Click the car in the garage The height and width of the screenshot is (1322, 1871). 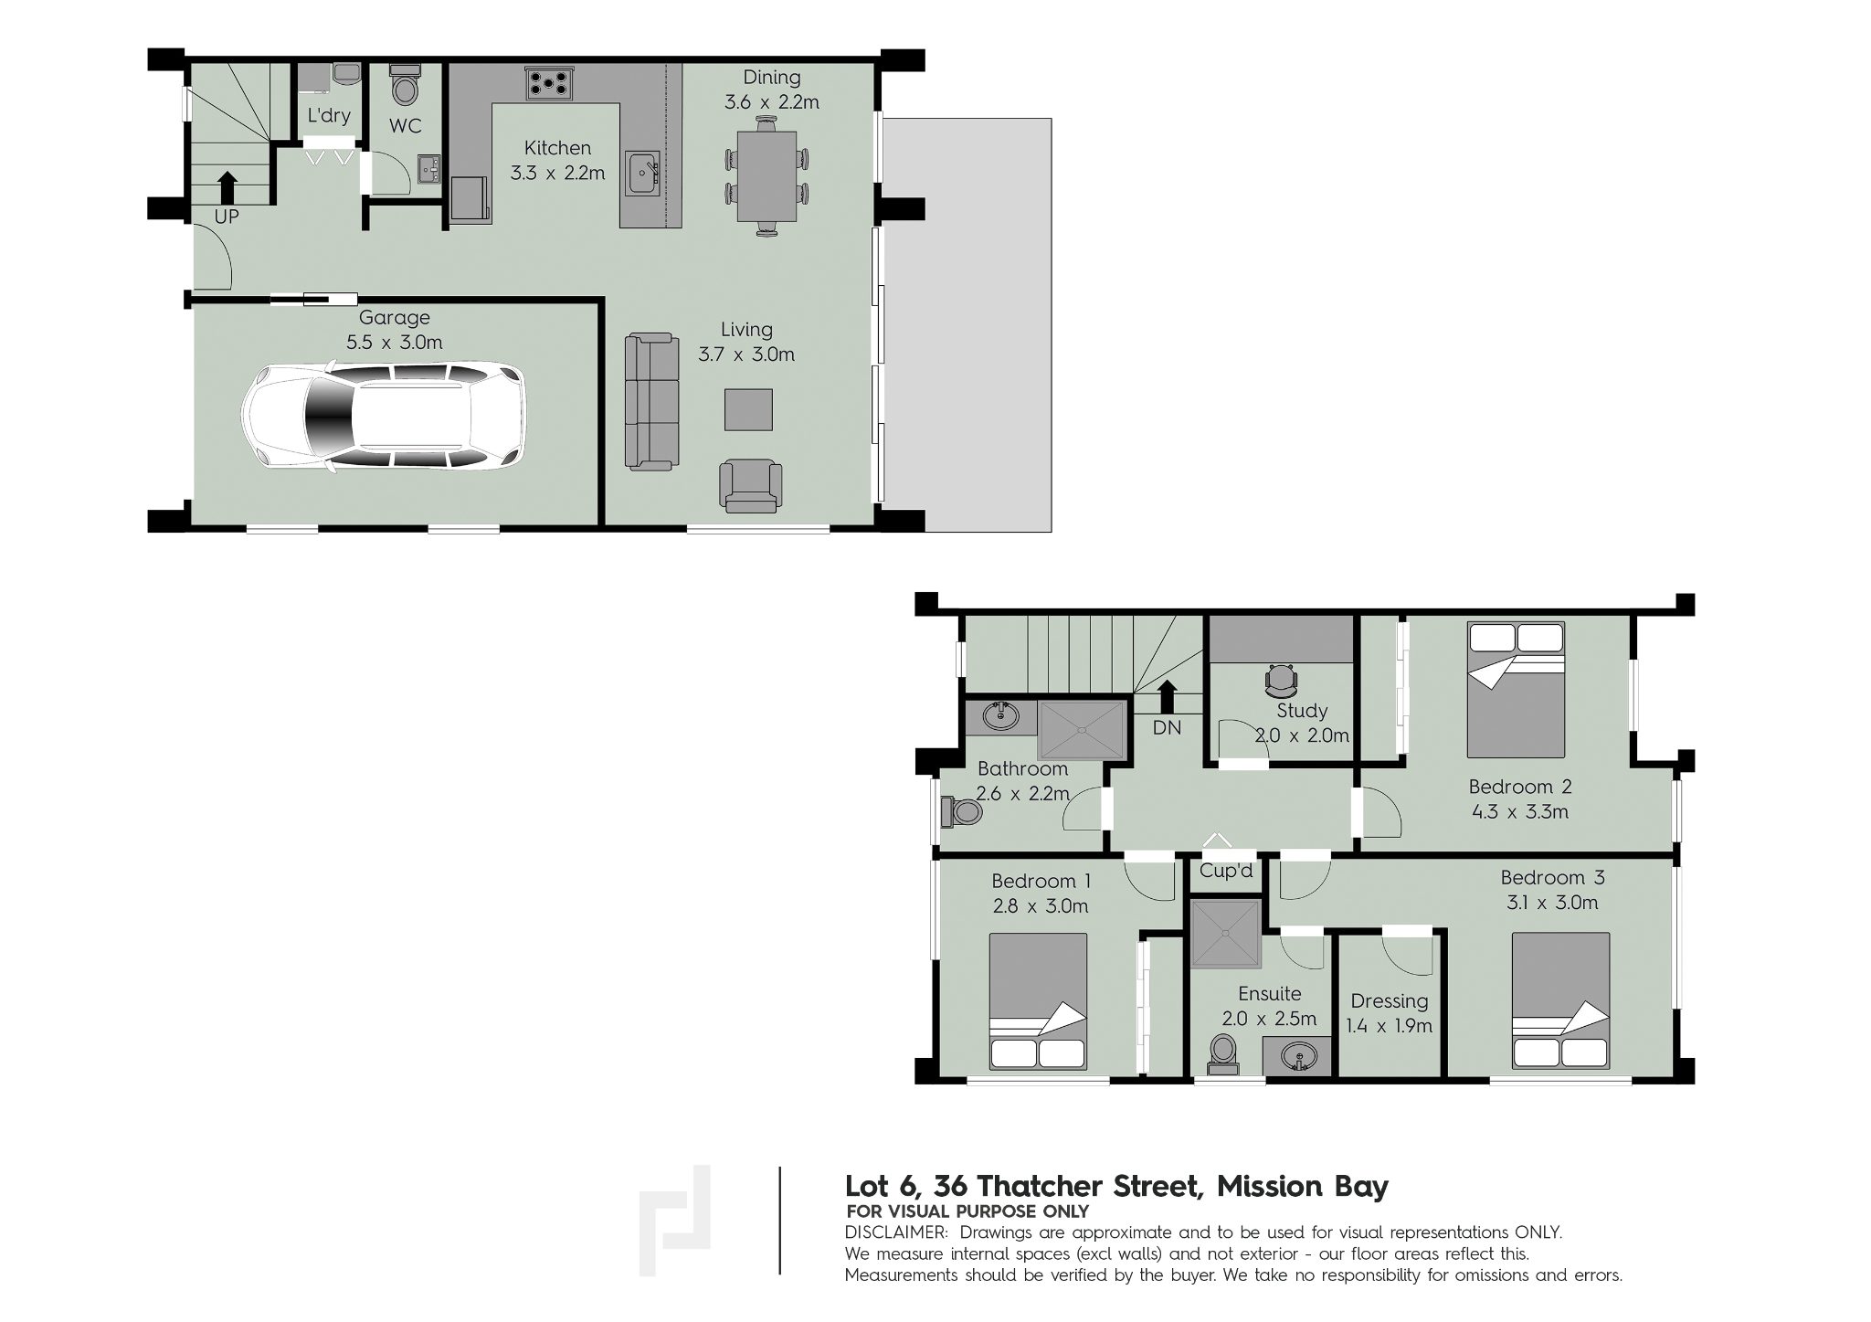pyautogui.click(x=383, y=418)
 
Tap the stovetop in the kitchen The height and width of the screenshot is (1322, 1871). pyautogui.click(x=549, y=84)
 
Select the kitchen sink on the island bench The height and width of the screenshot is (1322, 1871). pyautogui.click(x=643, y=174)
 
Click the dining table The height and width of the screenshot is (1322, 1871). pyautogui.click(x=766, y=177)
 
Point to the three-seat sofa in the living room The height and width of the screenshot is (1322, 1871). pyautogui.click(x=652, y=402)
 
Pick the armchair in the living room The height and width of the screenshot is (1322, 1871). pyautogui.click(x=751, y=485)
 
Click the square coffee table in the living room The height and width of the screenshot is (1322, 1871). pyautogui.click(x=748, y=409)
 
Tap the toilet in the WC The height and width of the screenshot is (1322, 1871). pyautogui.click(x=404, y=85)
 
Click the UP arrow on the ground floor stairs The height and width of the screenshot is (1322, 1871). pyautogui.click(x=227, y=188)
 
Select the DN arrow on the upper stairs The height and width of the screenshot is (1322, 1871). pyautogui.click(x=1167, y=696)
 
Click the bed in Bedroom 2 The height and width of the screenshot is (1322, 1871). pyautogui.click(x=1516, y=690)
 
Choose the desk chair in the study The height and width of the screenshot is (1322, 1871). pyautogui.click(x=1281, y=679)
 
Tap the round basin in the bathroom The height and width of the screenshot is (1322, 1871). pyautogui.click(x=1001, y=715)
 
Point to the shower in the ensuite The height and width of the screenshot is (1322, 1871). pyautogui.click(x=1226, y=934)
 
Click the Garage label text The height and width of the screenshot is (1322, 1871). pyautogui.click(x=394, y=318)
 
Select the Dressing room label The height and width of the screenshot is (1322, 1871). pyautogui.click(x=1389, y=1001)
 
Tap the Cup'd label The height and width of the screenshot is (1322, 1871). pyautogui.click(x=1225, y=871)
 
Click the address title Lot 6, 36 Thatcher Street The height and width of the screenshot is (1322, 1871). pyautogui.click(x=1021, y=1186)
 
